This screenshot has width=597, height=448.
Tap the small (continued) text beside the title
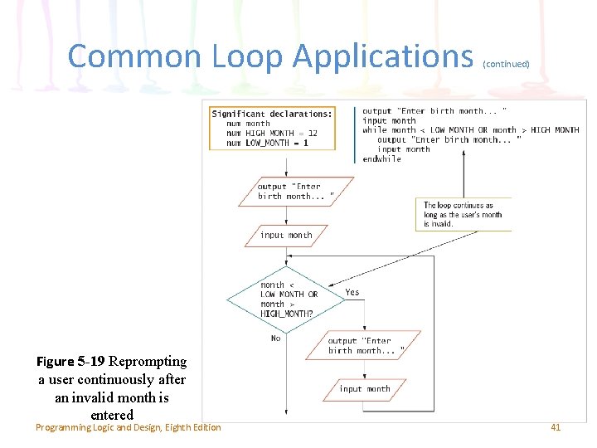(506, 63)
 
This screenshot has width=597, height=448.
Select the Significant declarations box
(273, 128)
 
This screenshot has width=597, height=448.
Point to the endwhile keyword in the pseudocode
(381, 159)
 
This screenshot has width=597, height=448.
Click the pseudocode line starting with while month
(470, 130)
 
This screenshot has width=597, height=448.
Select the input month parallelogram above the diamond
(286, 236)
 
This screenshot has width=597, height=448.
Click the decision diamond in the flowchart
(286, 299)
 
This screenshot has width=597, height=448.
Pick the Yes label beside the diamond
(352, 292)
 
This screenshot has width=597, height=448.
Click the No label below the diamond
(275, 338)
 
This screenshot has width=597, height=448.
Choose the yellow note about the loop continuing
(463, 214)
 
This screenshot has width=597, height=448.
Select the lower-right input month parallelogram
(365, 388)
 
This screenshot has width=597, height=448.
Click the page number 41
(556, 427)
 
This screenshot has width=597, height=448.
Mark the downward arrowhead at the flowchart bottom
(286, 411)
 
